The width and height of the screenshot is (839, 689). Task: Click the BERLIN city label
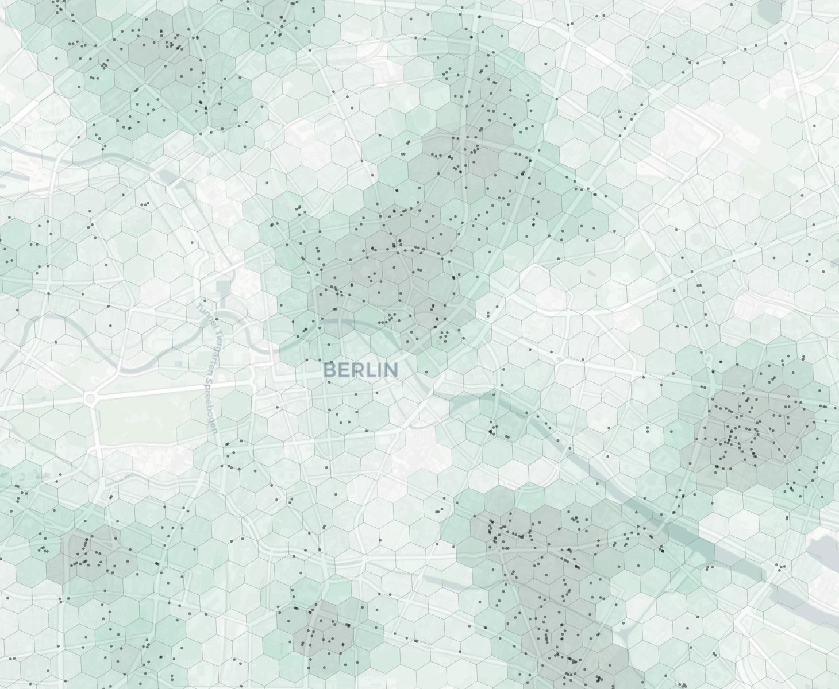tap(361, 369)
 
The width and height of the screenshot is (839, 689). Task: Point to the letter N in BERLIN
tap(391, 369)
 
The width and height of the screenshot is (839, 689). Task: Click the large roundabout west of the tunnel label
tap(90, 398)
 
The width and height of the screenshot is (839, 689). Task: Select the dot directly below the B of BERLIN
tap(330, 409)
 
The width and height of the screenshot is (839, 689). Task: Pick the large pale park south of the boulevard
tap(149, 419)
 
